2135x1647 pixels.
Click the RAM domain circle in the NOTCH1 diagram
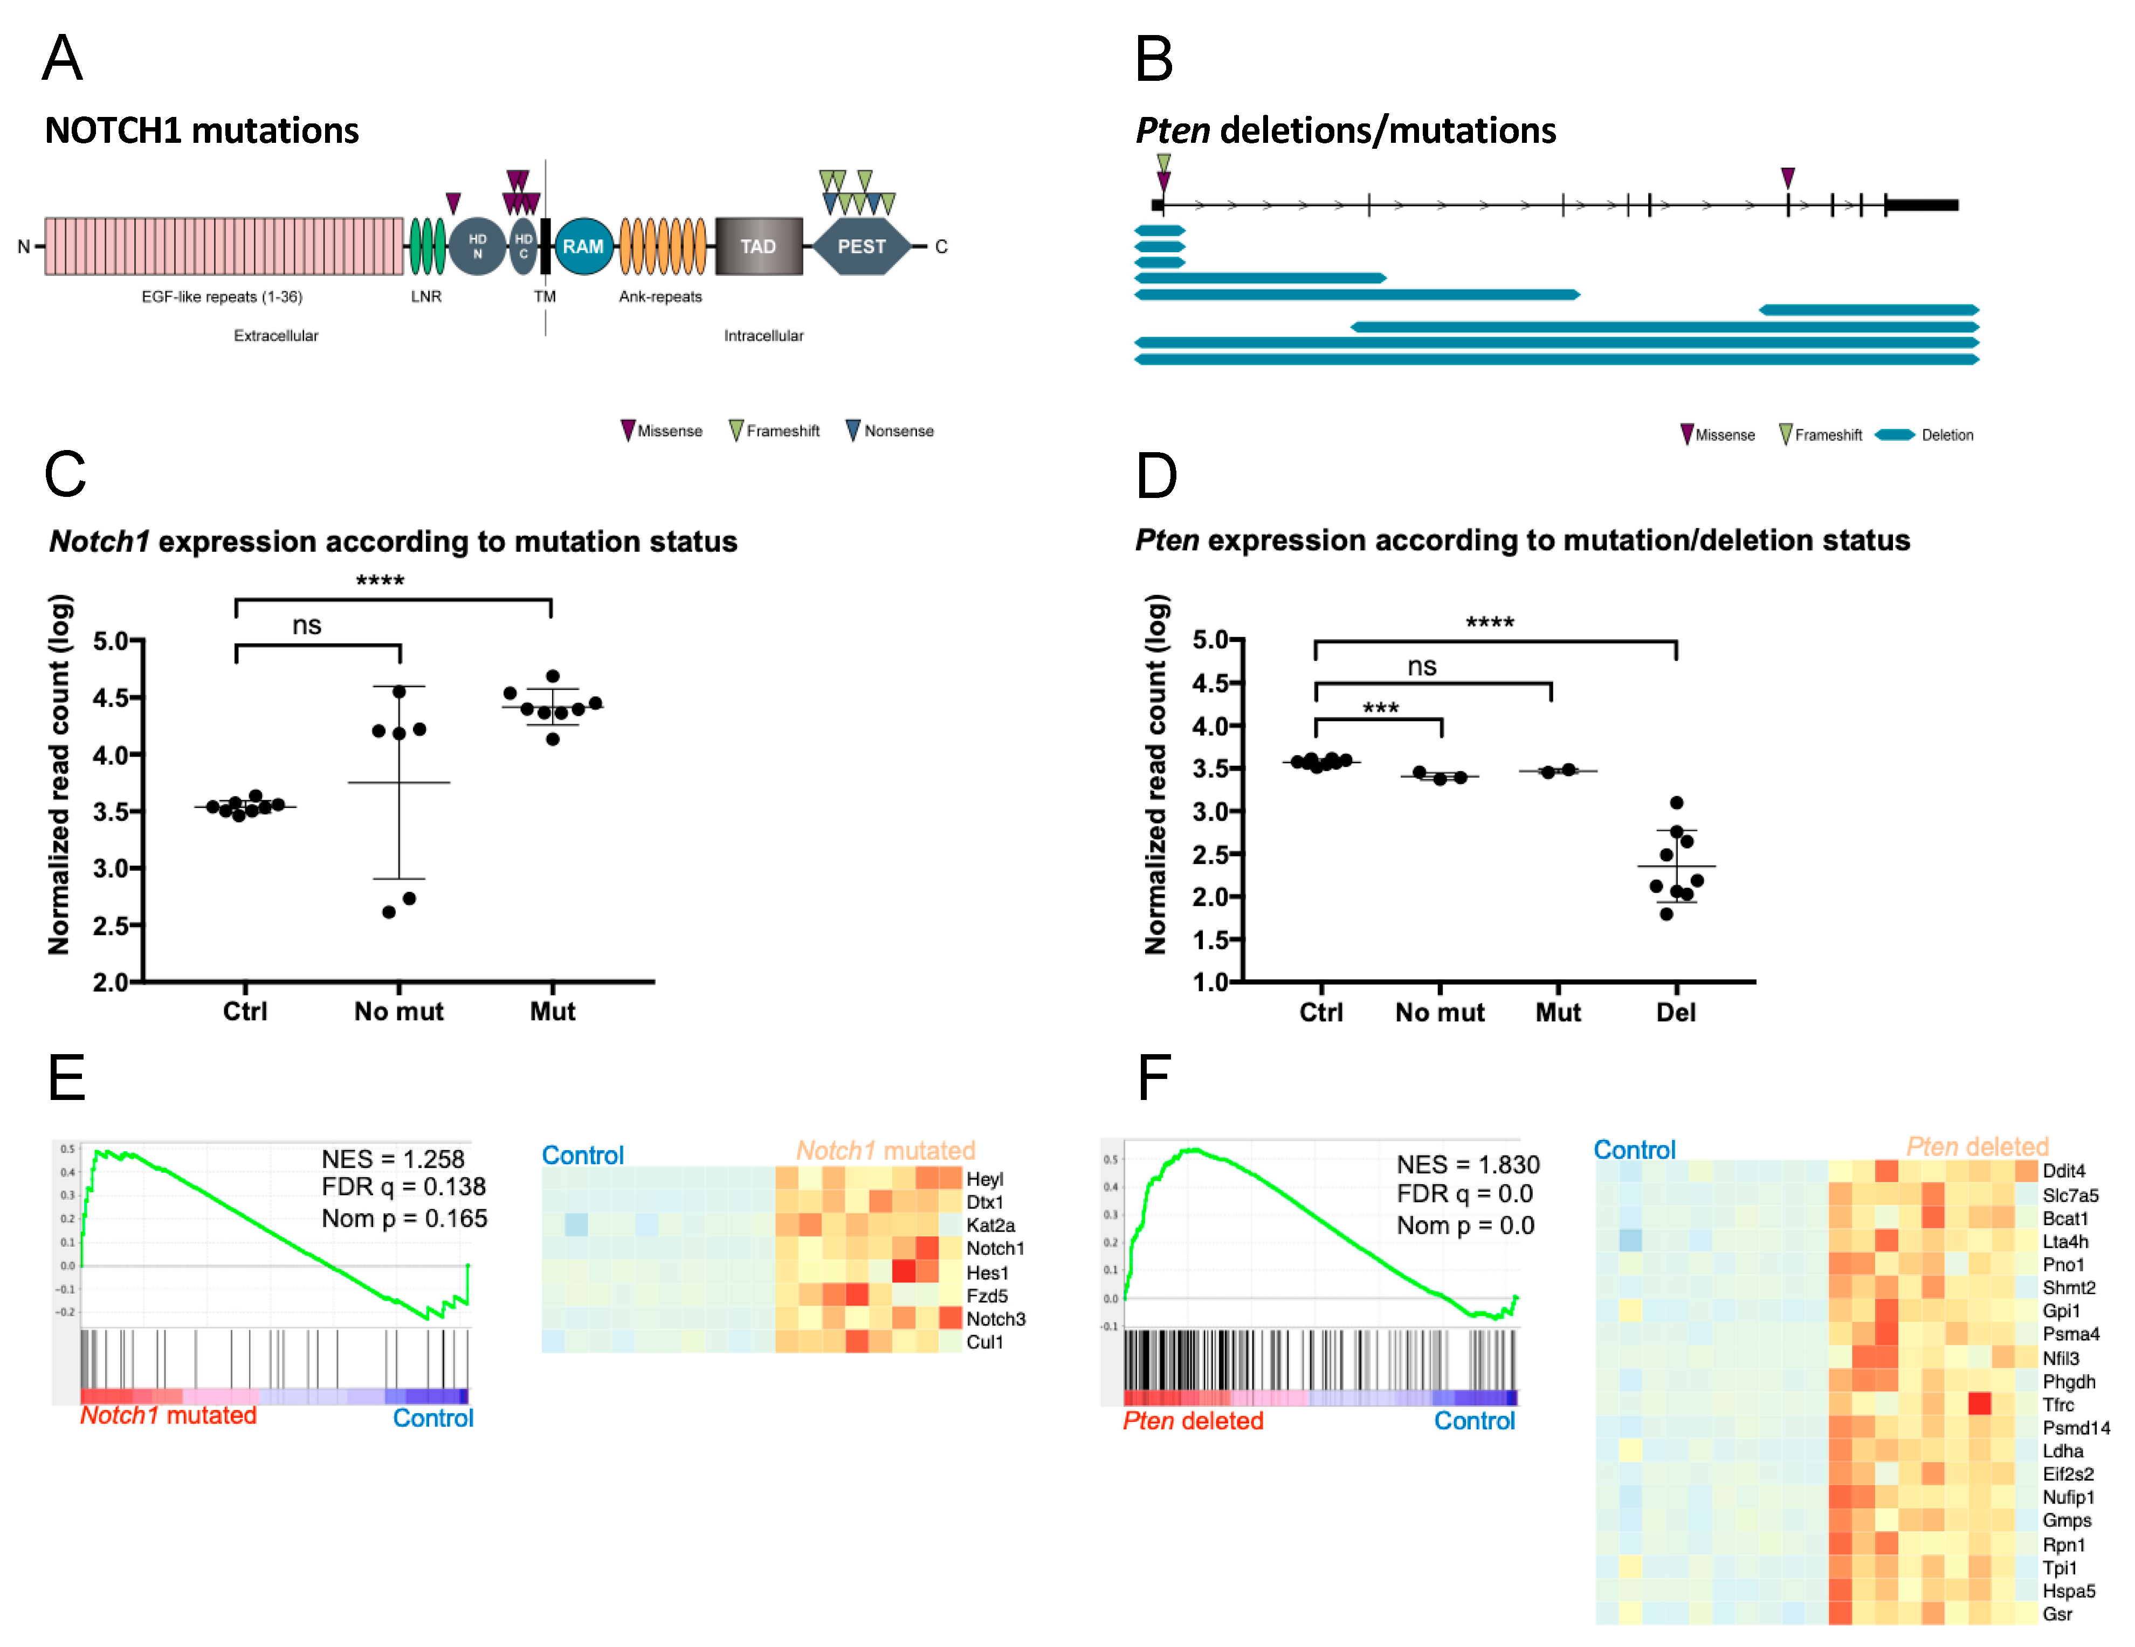[x=583, y=246]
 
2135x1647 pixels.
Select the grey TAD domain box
[x=757, y=246]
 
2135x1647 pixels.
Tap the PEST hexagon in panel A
[x=860, y=246]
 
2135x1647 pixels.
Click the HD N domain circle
[x=477, y=246]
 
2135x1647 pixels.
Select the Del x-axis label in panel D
[x=1676, y=1013]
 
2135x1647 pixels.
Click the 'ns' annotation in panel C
[x=307, y=626]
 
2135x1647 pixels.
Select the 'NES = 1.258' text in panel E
[x=393, y=1159]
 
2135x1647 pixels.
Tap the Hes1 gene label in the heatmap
[x=987, y=1272]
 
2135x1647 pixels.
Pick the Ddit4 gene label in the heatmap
[x=2064, y=1171]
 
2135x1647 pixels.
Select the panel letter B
[x=1154, y=59]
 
